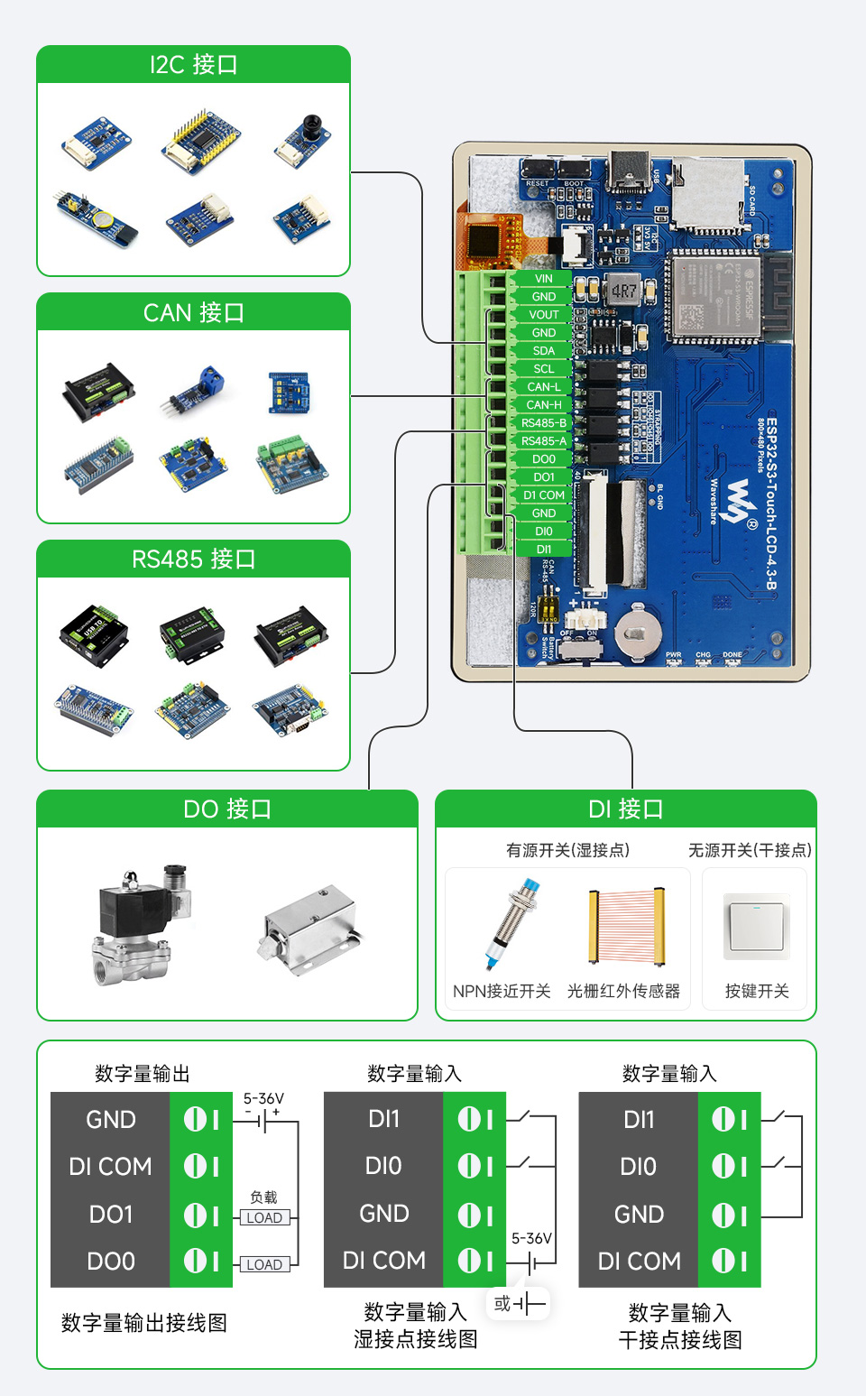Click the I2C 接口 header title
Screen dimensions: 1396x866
coord(193,65)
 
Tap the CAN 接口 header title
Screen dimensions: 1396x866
coord(193,312)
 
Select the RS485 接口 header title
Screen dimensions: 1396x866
coord(193,559)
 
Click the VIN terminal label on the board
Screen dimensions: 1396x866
coord(543,279)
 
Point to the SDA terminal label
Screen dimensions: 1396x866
coord(543,351)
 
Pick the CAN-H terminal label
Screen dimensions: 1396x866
coord(543,405)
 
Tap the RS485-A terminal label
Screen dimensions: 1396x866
coord(543,441)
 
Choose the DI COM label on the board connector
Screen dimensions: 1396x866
coord(543,495)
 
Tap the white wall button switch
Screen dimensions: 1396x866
coord(757,927)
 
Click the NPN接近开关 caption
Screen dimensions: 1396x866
coord(502,991)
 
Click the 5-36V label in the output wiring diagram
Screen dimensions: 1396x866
coord(263,1098)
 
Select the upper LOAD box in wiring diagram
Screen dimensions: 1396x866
coord(264,1217)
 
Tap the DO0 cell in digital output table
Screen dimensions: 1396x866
coord(111,1261)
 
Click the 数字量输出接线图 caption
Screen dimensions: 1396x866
coord(143,1323)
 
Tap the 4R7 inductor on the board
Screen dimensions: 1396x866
coord(623,291)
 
